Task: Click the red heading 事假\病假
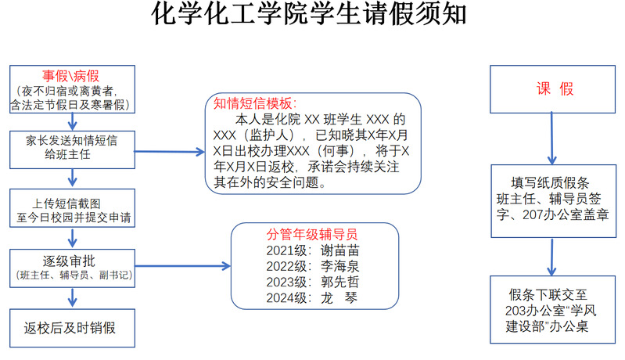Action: [x=70, y=76]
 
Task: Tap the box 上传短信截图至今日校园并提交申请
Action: [x=71, y=207]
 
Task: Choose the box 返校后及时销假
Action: [x=71, y=326]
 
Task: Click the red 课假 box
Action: [x=554, y=89]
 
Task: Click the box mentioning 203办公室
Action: [x=554, y=309]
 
